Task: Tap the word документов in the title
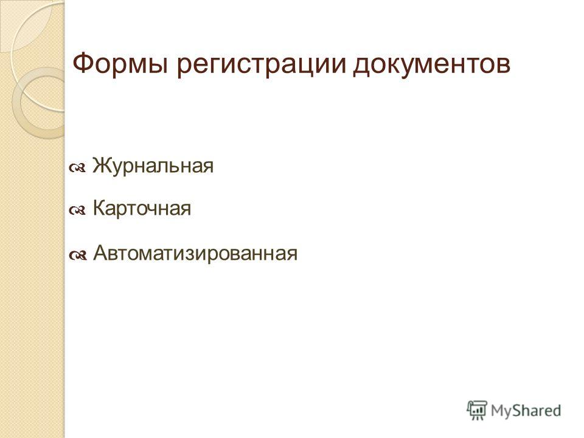pos(431,65)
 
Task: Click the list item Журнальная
pos(153,165)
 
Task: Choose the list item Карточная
pos(142,208)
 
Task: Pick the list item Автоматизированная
pos(195,253)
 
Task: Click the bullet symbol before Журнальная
pos(77,169)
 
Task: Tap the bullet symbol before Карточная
pos(77,211)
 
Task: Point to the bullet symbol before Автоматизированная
pos(77,256)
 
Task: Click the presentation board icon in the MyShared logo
pos(477,410)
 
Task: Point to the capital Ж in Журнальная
pos(100,165)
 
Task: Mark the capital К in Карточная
pos(99,208)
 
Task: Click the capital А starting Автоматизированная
pos(100,253)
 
